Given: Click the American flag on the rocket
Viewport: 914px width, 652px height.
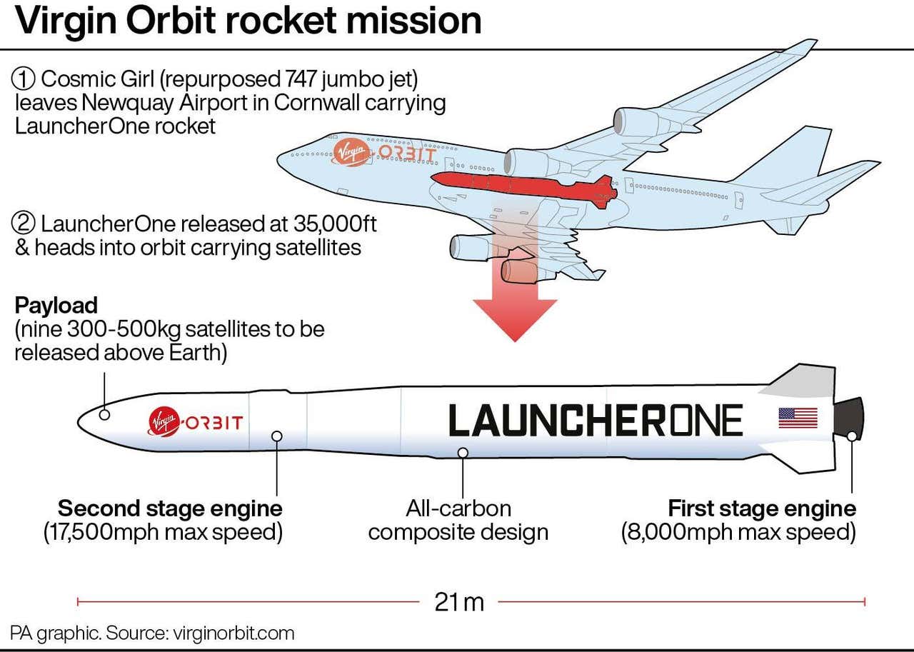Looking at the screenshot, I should tap(798, 418).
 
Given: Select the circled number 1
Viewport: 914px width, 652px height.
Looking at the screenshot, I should tap(25, 79).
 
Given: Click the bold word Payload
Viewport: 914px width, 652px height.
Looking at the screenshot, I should tap(56, 306).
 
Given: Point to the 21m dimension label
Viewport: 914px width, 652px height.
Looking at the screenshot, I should tap(459, 602).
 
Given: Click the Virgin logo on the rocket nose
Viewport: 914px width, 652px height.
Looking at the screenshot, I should tap(164, 422).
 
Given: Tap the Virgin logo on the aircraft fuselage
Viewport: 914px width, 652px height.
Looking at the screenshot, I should tap(351, 152).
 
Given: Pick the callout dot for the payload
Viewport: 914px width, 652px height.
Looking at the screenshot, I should tap(104, 414).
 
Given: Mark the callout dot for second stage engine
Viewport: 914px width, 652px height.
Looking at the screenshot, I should tap(277, 436).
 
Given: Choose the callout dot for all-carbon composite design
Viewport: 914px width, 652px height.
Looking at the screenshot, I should tap(463, 452).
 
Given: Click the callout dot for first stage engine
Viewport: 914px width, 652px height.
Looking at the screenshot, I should tap(852, 436).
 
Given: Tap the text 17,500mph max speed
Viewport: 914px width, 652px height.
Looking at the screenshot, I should tap(164, 533).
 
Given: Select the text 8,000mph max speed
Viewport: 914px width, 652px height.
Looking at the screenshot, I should tap(739, 533).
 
